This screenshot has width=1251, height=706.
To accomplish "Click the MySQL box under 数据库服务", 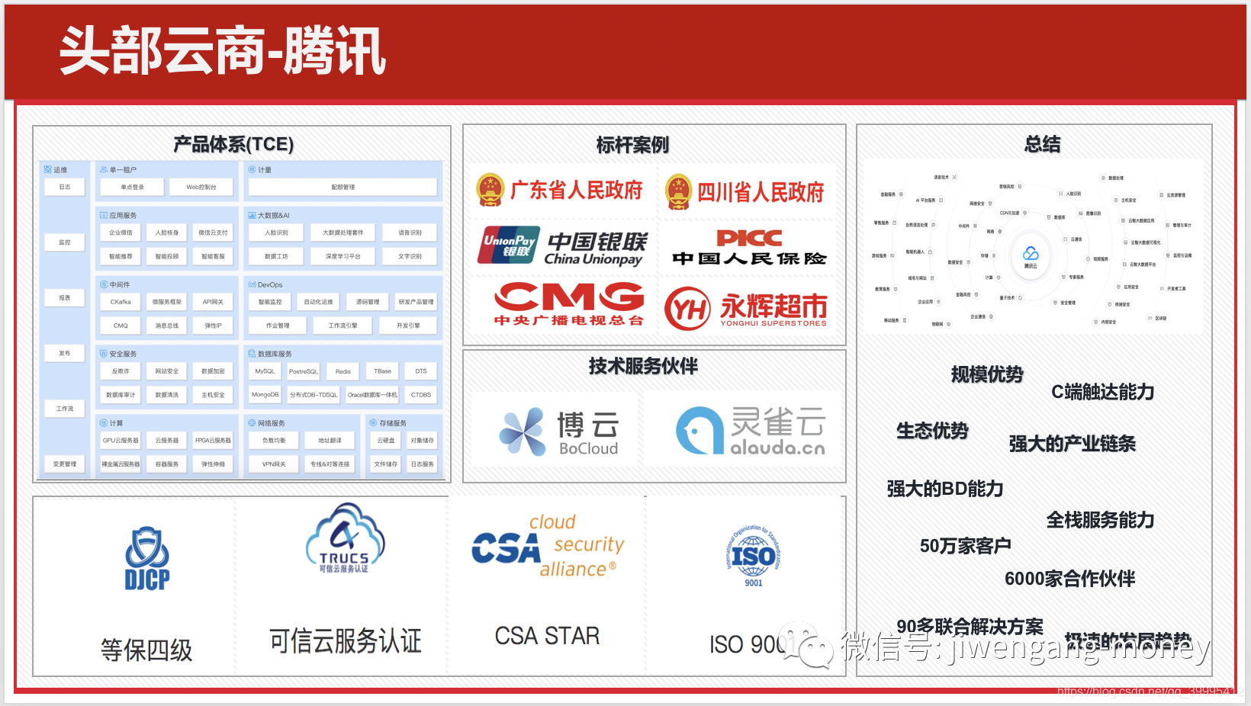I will coord(265,371).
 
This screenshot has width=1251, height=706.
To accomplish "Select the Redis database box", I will coord(343,371).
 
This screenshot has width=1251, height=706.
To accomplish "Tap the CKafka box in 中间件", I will coord(121,302).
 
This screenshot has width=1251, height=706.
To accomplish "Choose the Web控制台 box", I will coord(201,187).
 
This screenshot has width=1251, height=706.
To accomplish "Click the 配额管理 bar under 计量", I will coord(342,187).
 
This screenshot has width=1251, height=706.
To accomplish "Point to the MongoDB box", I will coord(265,395).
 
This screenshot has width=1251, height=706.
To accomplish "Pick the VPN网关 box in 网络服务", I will coord(274,464).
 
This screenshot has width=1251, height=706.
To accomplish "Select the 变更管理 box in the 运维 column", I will coord(65,464).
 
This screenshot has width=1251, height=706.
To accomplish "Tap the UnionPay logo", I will coord(509,245).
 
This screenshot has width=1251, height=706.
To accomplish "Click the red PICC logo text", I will coord(749,238).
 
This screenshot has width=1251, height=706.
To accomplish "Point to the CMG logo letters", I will coord(569,297).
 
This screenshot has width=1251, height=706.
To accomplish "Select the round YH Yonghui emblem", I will coord(687,309).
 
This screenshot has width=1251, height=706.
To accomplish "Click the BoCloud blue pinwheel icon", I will coord(523,431).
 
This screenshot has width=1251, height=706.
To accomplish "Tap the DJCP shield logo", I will coord(147,559).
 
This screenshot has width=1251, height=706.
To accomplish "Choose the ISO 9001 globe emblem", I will coord(753,557).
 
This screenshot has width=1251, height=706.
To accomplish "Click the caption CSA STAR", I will coord(547,636).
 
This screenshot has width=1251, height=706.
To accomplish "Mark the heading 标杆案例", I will coord(632,145).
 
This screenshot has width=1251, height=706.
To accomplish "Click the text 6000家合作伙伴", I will coord(1069,579).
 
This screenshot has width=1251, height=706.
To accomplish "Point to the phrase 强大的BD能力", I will coord(944,489).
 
